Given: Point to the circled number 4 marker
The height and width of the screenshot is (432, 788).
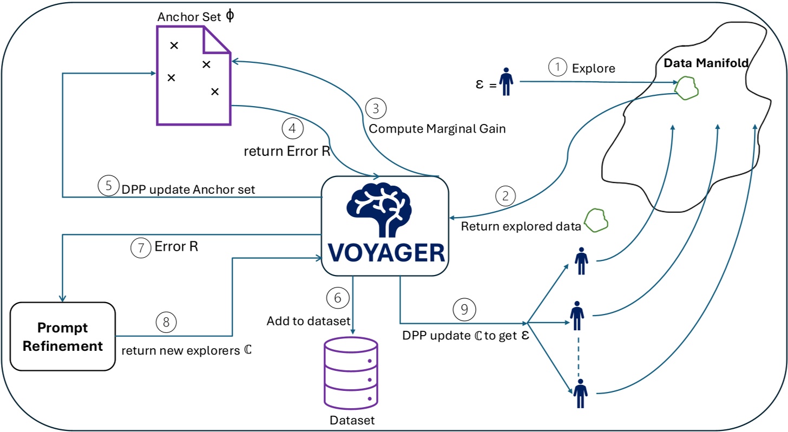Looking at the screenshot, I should coord(292,128).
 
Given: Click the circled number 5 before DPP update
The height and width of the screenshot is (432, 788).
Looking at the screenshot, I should coord(108,186).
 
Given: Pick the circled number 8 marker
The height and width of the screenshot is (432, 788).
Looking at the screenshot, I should coord(167,322).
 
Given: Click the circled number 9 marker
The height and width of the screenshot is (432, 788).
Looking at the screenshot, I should coord(464,309).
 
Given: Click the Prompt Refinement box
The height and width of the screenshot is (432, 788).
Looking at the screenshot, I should coord(63,337).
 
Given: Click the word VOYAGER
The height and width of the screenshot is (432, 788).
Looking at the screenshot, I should coord(385,253).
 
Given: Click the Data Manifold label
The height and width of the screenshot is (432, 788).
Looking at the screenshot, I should coord(706,63).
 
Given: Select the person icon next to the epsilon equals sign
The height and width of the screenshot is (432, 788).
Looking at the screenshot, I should coord(506,82).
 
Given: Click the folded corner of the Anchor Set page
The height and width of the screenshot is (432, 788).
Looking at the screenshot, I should coord(216,42).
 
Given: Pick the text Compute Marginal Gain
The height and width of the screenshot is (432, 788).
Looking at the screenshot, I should coord(437,129).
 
